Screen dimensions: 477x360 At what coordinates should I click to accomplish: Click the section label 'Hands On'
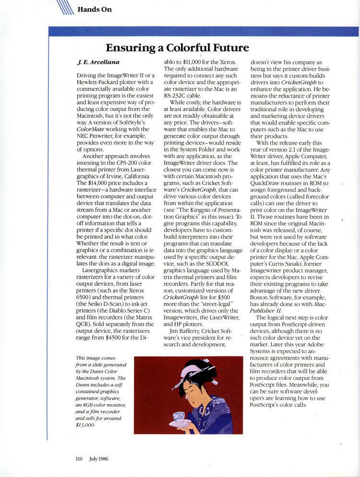tap(94, 9)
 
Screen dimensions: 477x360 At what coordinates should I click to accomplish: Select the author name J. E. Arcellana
tap(98, 63)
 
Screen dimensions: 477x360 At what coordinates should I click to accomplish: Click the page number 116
tap(79, 458)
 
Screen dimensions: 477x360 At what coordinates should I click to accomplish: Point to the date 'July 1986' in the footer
tap(98, 458)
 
